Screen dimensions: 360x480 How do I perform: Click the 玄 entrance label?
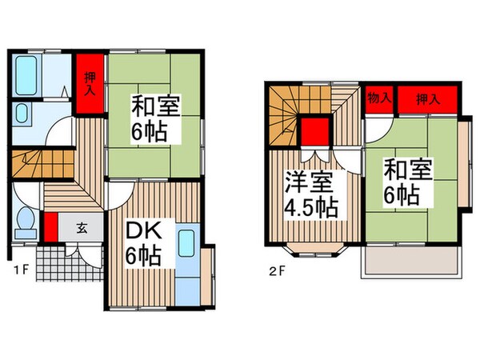pos(83,226)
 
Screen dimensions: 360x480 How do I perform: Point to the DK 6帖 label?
pos(144,244)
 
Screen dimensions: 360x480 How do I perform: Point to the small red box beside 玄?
pos(50,226)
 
